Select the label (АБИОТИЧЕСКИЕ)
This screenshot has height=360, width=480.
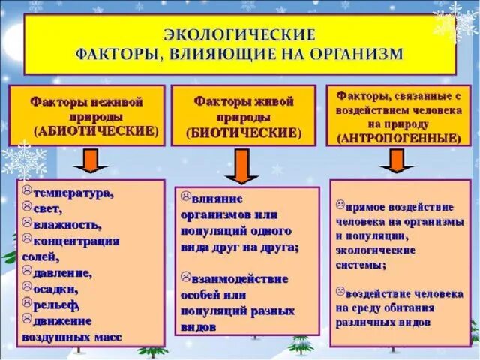tap(97, 130)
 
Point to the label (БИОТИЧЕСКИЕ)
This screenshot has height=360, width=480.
tap(238, 133)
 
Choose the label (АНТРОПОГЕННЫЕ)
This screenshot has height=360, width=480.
tap(399, 139)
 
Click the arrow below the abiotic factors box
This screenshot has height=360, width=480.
tap(89, 160)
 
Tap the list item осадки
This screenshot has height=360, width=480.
tap(55, 288)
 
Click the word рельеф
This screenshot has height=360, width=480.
tap(56, 304)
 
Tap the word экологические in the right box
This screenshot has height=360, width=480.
tap(371, 250)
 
